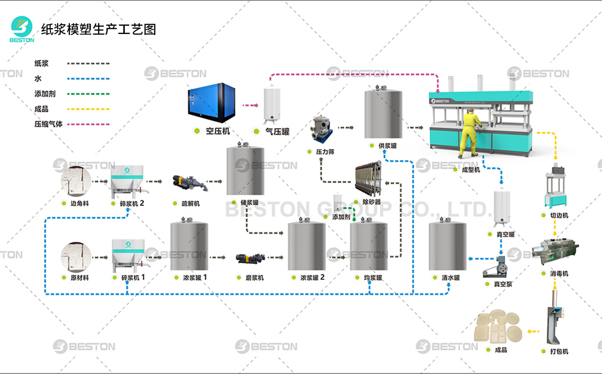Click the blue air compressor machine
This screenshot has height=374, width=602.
coord(208,102)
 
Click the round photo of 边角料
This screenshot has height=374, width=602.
coord(76,181)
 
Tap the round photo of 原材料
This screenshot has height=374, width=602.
coord(76,256)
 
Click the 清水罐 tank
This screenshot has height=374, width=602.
coord(448,246)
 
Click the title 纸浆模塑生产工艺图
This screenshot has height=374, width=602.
coord(99,29)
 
